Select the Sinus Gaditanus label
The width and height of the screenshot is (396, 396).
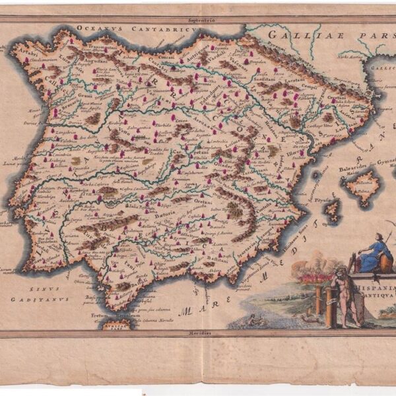[x=49, y=293]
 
